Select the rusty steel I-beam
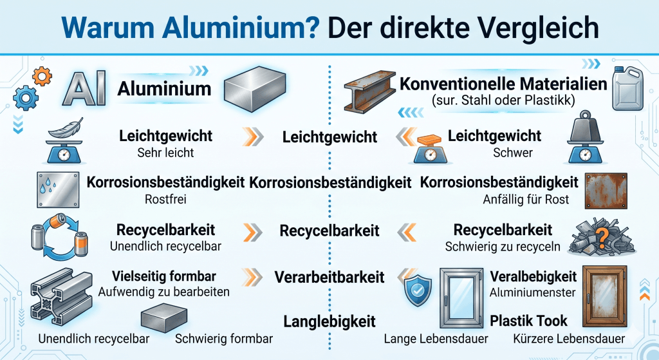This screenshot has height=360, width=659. pyautogui.click(x=369, y=93)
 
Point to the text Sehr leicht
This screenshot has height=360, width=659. pyautogui.click(x=165, y=153)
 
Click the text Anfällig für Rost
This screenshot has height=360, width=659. pyautogui.click(x=526, y=200)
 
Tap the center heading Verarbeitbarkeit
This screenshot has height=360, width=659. pyautogui.click(x=329, y=277)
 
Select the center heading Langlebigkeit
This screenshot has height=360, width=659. pyautogui.click(x=329, y=321)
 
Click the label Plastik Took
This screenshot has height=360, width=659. pyautogui.click(x=528, y=320)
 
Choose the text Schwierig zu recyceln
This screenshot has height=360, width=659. pyautogui.click(x=503, y=247)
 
